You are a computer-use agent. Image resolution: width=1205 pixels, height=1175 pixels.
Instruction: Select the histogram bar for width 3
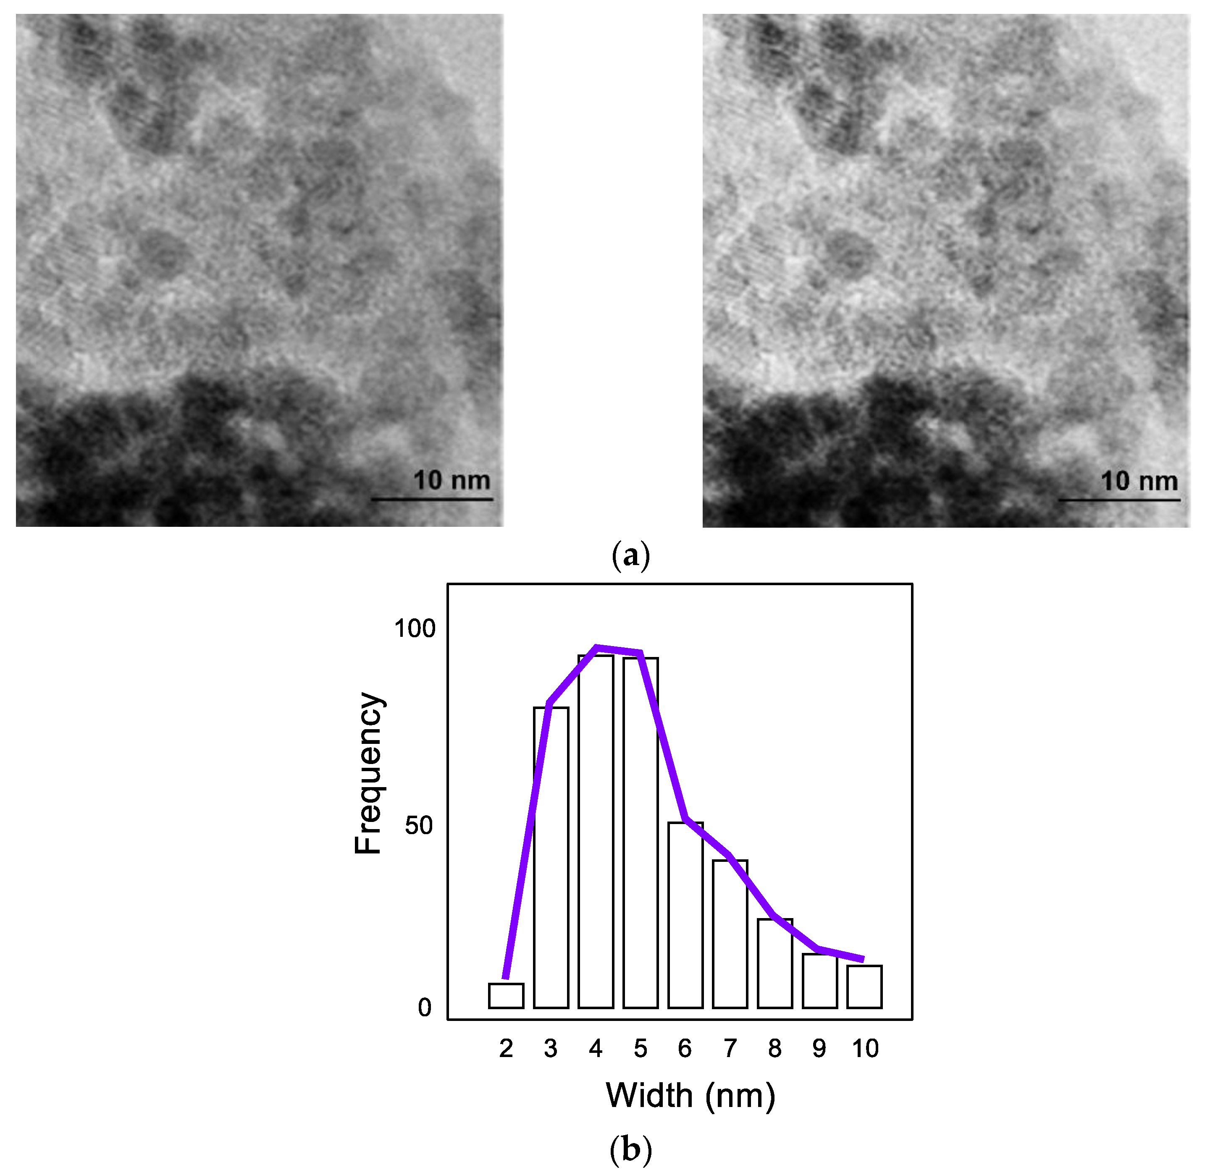click(x=551, y=858)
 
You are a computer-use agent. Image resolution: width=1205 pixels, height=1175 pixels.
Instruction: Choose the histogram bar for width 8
click(x=775, y=963)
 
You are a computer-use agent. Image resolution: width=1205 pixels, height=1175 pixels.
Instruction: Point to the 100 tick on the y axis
click(x=415, y=629)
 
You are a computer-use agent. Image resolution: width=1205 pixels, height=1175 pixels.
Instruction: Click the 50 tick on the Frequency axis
click(x=419, y=826)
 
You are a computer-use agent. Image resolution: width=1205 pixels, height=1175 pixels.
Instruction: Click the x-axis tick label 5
click(x=640, y=1049)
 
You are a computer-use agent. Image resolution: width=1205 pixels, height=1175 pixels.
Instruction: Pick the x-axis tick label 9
click(x=819, y=1049)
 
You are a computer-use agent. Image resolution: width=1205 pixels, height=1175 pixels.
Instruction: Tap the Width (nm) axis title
click(x=690, y=1096)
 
